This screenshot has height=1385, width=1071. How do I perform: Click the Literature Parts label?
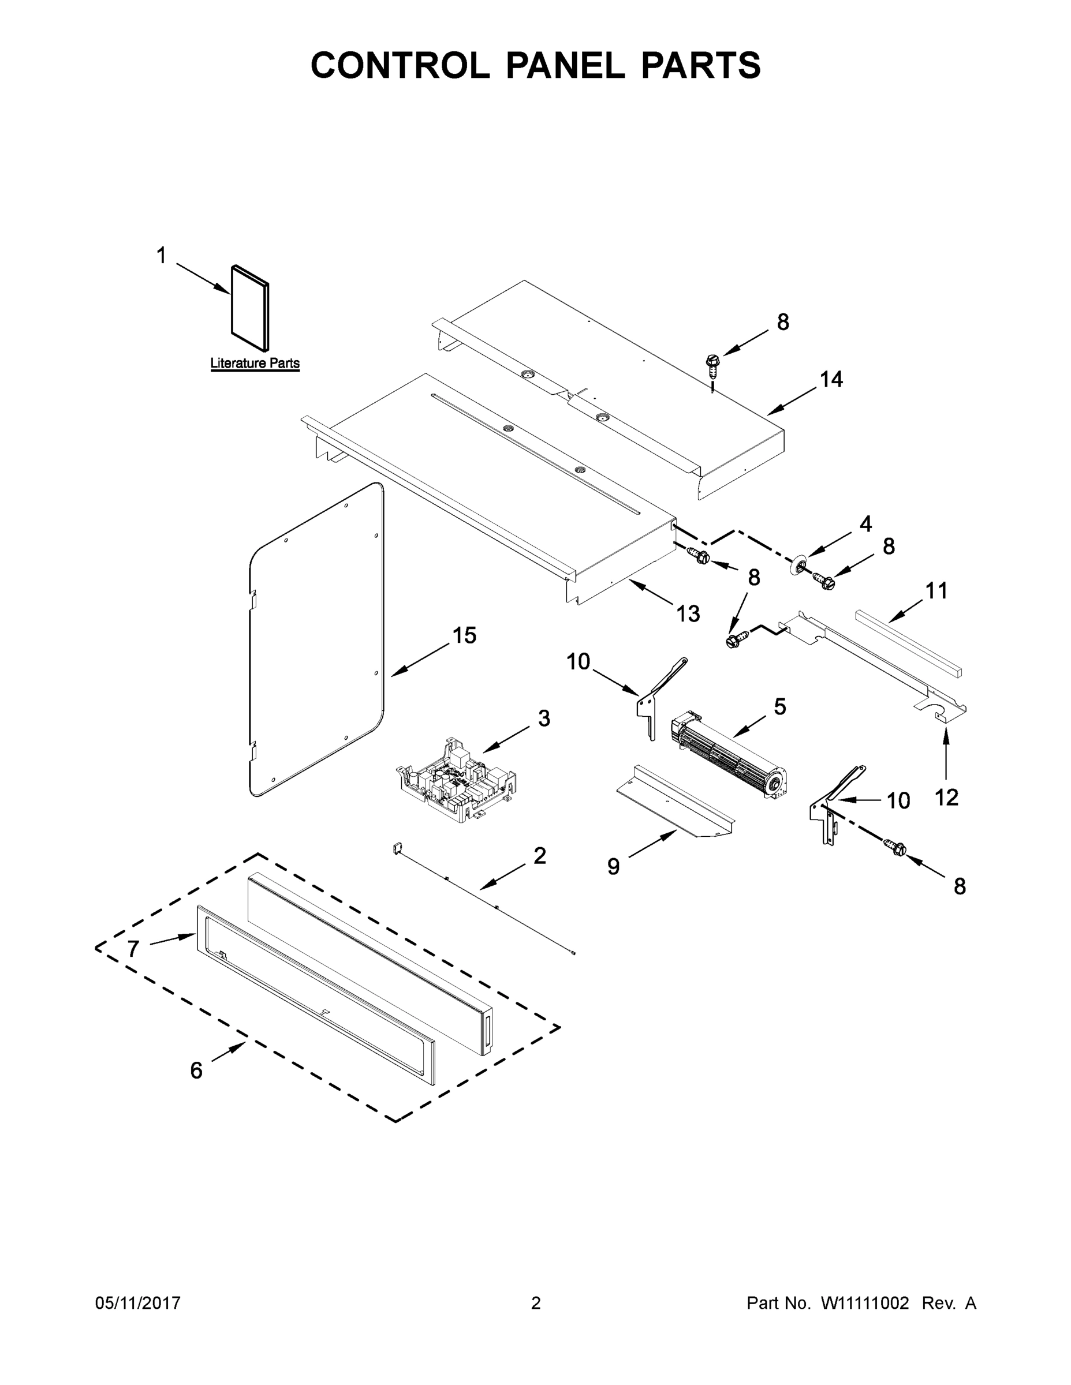pos(255,364)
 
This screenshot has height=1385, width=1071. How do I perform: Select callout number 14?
pos(831,379)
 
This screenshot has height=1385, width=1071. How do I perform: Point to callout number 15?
pos(464,635)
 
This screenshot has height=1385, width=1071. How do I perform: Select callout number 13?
pos(688,613)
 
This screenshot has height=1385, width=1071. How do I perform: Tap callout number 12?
pos(947,797)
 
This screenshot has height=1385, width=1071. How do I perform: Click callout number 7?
pos(133,949)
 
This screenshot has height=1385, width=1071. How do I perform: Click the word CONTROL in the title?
pos(400,65)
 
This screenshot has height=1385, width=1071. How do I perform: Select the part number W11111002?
pos(864,1302)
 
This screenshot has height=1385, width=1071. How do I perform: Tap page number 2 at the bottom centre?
pos(536,1302)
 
